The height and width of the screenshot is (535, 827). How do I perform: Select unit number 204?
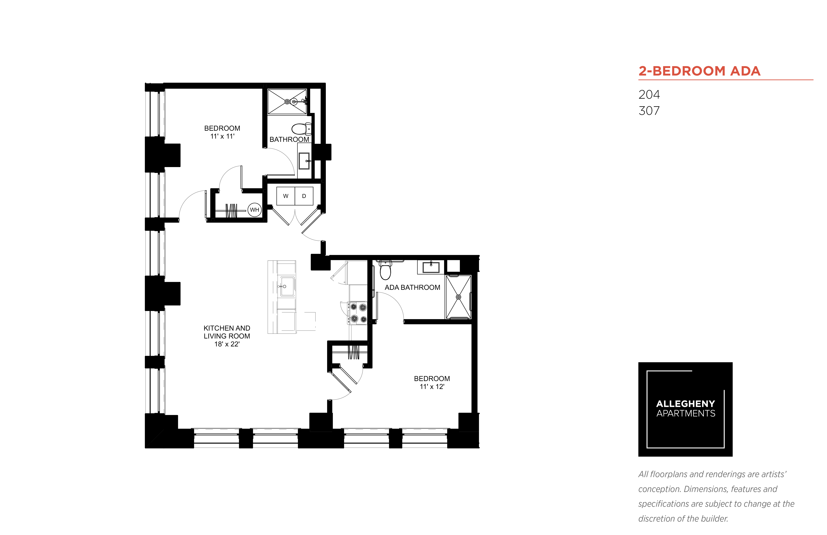pyautogui.click(x=649, y=94)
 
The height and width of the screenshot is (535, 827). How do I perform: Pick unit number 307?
pyautogui.click(x=649, y=111)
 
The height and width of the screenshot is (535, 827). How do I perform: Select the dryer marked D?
pyautogui.click(x=304, y=196)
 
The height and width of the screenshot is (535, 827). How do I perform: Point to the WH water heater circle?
pyautogui.click(x=255, y=210)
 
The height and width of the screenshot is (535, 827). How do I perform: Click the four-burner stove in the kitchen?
pyautogui.click(x=358, y=313)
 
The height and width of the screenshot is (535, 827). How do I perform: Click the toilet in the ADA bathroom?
pyautogui.click(x=385, y=270)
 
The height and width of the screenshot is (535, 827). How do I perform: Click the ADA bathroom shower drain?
pyautogui.click(x=458, y=297)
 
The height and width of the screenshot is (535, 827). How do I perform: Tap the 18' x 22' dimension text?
pyautogui.click(x=227, y=344)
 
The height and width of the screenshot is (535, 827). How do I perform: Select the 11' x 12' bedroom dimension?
pyautogui.click(x=432, y=387)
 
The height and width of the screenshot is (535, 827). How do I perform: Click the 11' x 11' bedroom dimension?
pyautogui.click(x=222, y=136)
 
